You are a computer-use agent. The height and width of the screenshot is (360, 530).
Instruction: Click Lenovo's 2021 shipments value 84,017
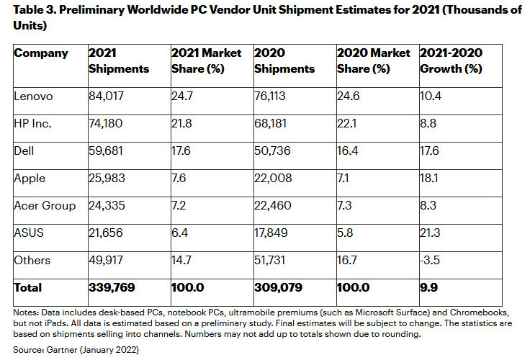(x=107, y=96)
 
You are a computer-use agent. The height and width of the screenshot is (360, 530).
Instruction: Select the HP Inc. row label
(x=33, y=124)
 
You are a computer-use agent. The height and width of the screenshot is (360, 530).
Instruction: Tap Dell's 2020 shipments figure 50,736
(x=274, y=151)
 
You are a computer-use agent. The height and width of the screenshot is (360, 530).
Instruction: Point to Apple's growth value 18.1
(x=430, y=179)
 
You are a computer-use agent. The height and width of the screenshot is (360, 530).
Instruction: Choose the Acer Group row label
(x=45, y=206)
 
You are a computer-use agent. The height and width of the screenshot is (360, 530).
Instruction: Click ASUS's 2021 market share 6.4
(x=180, y=233)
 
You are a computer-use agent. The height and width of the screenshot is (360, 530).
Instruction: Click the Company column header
(x=41, y=53)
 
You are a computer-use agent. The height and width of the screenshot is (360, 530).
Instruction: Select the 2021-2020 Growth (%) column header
(x=451, y=60)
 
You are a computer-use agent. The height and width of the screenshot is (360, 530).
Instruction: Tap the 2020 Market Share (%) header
(x=373, y=60)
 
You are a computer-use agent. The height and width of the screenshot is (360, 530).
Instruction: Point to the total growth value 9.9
(x=428, y=287)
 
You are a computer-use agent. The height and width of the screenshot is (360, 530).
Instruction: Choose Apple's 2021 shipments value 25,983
(x=107, y=179)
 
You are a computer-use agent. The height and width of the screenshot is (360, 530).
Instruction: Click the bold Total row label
(x=28, y=287)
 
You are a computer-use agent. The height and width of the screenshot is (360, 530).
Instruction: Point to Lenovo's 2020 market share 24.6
(x=349, y=96)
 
